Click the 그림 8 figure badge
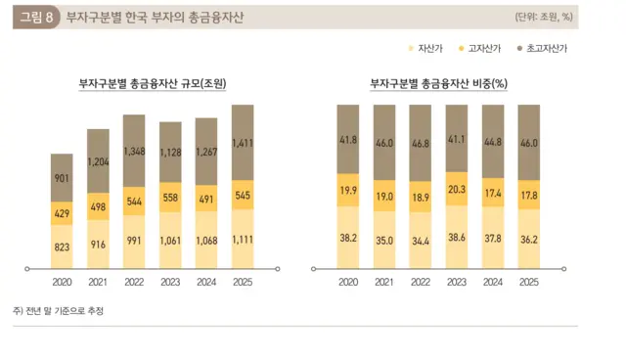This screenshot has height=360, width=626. [x=35, y=18]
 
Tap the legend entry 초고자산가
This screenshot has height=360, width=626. [x=546, y=48]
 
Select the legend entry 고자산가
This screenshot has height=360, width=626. [x=485, y=48]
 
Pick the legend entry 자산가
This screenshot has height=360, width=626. [x=430, y=48]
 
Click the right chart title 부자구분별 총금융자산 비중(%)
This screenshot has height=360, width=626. [x=438, y=86]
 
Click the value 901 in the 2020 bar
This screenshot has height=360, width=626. [x=62, y=178]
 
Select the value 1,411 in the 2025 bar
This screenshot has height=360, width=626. [x=243, y=144]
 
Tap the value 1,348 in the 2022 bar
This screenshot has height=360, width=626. [x=134, y=151]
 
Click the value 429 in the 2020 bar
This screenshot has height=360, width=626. [x=62, y=213]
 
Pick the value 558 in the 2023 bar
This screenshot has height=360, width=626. [x=170, y=197]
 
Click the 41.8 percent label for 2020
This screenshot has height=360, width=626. [x=347, y=141]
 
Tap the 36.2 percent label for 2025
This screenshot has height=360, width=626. [x=528, y=237]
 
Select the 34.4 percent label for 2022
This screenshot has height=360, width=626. [x=420, y=240]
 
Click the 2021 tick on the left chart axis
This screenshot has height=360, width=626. [x=98, y=284]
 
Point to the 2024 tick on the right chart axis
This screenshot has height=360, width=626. [x=492, y=284]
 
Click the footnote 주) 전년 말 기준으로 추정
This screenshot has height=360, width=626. [x=58, y=310]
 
